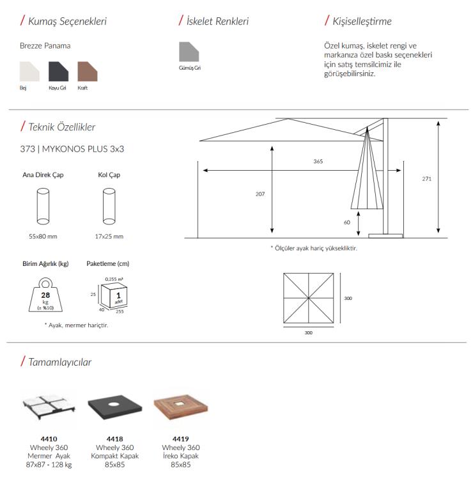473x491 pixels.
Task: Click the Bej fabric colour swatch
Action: point(29,71)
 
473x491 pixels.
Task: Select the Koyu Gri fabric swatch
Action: point(58,71)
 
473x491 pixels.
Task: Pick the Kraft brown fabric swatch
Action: point(87,71)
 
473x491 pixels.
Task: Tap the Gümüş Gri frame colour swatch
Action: point(189,53)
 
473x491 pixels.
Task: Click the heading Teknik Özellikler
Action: point(62,127)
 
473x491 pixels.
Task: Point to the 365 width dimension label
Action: point(318,161)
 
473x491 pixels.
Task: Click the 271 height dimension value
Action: point(426,178)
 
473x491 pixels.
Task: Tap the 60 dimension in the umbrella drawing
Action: point(348,222)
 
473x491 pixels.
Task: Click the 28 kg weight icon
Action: point(45,295)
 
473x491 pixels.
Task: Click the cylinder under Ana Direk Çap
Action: point(43,205)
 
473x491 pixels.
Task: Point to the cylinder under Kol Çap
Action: point(109,205)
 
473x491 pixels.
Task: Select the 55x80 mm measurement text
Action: point(43,237)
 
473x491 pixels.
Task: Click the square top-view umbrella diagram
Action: point(308,298)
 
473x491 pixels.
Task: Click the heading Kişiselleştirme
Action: point(362,22)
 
